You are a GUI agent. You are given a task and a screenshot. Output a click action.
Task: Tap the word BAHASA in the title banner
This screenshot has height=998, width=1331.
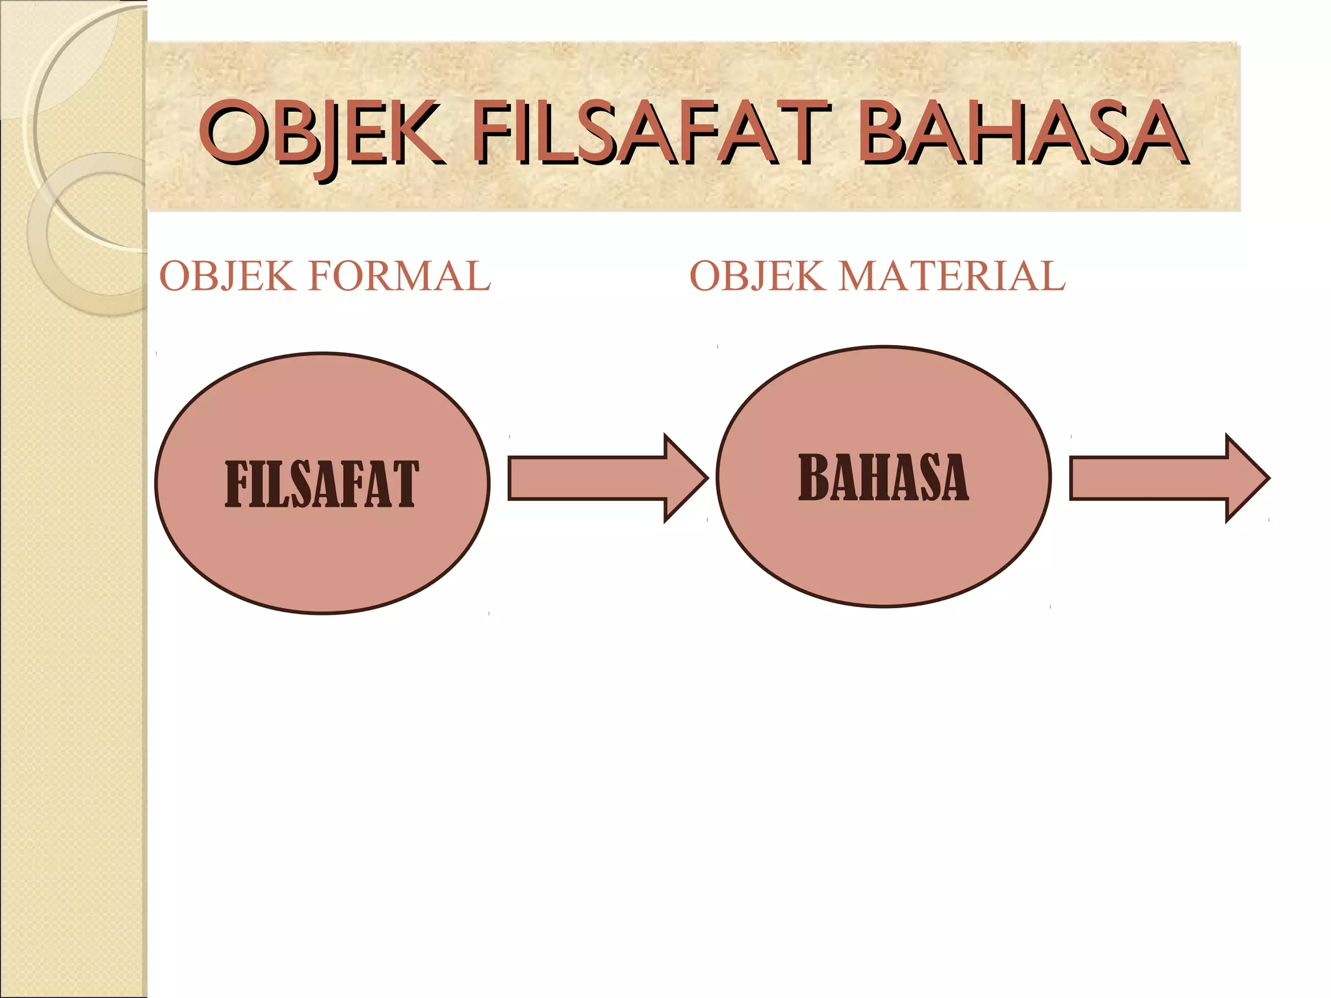pyautogui.click(x=1020, y=133)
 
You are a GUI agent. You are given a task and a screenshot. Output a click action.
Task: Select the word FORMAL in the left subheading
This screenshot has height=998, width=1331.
pyautogui.click(x=399, y=276)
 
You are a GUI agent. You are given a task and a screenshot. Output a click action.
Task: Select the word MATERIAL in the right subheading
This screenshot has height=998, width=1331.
pyautogui.click(x=951, y=276)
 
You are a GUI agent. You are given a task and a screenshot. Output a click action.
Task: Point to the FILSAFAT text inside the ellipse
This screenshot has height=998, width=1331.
pyautogui.click(x=322, y=484)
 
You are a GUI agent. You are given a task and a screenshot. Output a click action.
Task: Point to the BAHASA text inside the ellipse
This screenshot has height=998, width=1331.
pyautogui.click(x=883, y=478)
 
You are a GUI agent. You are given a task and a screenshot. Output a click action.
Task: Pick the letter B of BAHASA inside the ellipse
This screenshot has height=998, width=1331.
pyautogui.click(x=812, y=478)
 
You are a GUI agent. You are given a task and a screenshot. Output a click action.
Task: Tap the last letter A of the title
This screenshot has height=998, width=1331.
pyautogui.click(x=1154, y=133)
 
